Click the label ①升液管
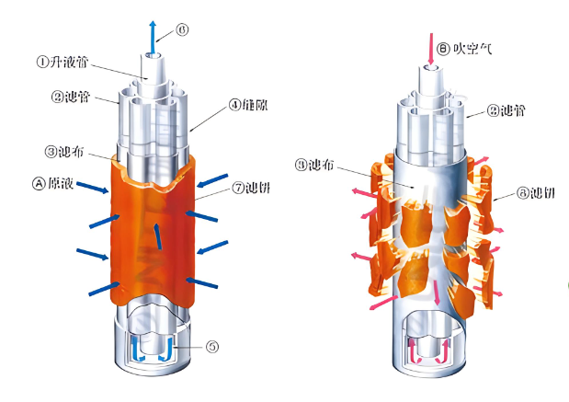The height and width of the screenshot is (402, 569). pyautogui.click(x=65, y=63)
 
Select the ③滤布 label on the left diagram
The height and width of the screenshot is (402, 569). pyautogui.click(x=65, y=151)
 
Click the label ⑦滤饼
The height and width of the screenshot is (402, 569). pyautogui.click(x=251, y=189)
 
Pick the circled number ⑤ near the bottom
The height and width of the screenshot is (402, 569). pyautogui.click(x=211, y=347)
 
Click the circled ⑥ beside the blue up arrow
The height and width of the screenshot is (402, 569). pyautogui.click(x=184, y=30)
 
